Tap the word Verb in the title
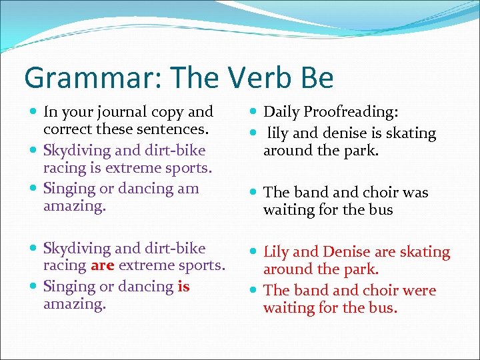tap(257, 78)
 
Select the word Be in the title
tap(314, 78)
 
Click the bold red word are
tap(102, 266)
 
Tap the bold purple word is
tap(183, 286)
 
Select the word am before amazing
tap(188, 188)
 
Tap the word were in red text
tap(419, 291)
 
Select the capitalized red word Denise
tap(349, 252)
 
